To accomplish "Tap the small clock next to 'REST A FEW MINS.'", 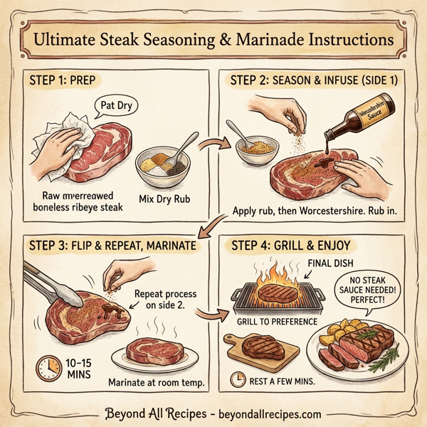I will click(x=238, y=381).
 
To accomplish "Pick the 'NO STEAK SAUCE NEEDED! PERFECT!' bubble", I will click(x=365, y=291).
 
